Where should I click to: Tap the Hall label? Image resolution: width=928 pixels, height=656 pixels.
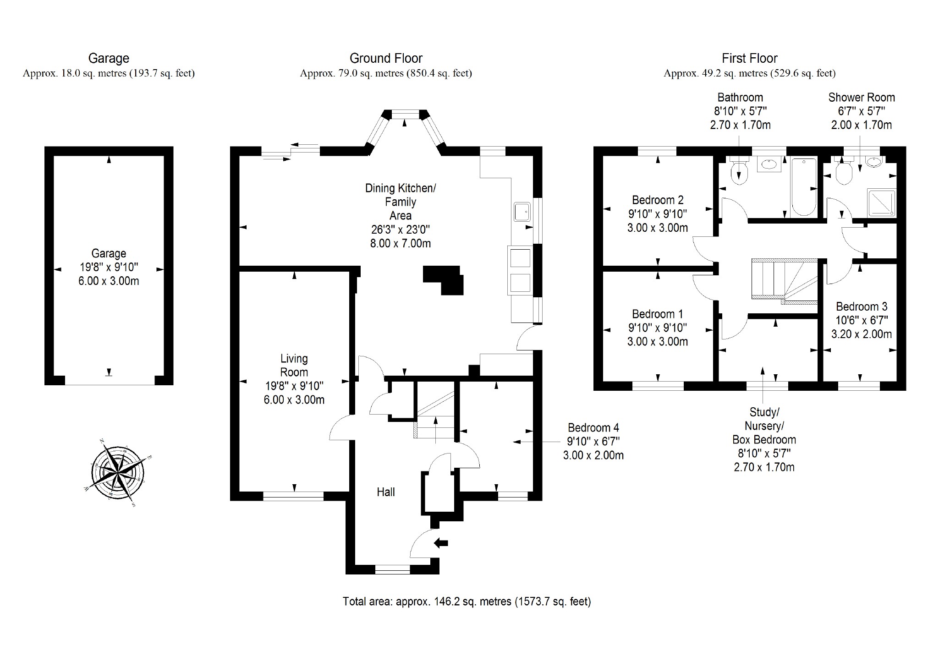[385, 492]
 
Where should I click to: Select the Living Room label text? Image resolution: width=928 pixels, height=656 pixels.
[294, 365]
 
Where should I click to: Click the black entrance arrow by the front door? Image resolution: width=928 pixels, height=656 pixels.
[441, 543]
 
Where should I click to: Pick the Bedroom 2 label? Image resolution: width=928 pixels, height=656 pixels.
[657, 200]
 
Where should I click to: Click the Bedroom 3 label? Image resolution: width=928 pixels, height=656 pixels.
[861, 306]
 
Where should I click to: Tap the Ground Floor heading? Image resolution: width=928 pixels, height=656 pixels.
[386, 58]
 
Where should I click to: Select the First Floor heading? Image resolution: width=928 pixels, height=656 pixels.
[749, 58]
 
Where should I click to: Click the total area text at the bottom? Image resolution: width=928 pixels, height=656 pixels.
[467, 601]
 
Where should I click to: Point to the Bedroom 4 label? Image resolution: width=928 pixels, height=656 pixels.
[593, 428]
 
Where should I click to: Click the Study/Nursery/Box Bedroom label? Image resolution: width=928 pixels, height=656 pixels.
[764, 426]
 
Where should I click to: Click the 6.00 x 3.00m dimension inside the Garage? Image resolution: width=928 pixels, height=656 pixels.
[109, 281]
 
